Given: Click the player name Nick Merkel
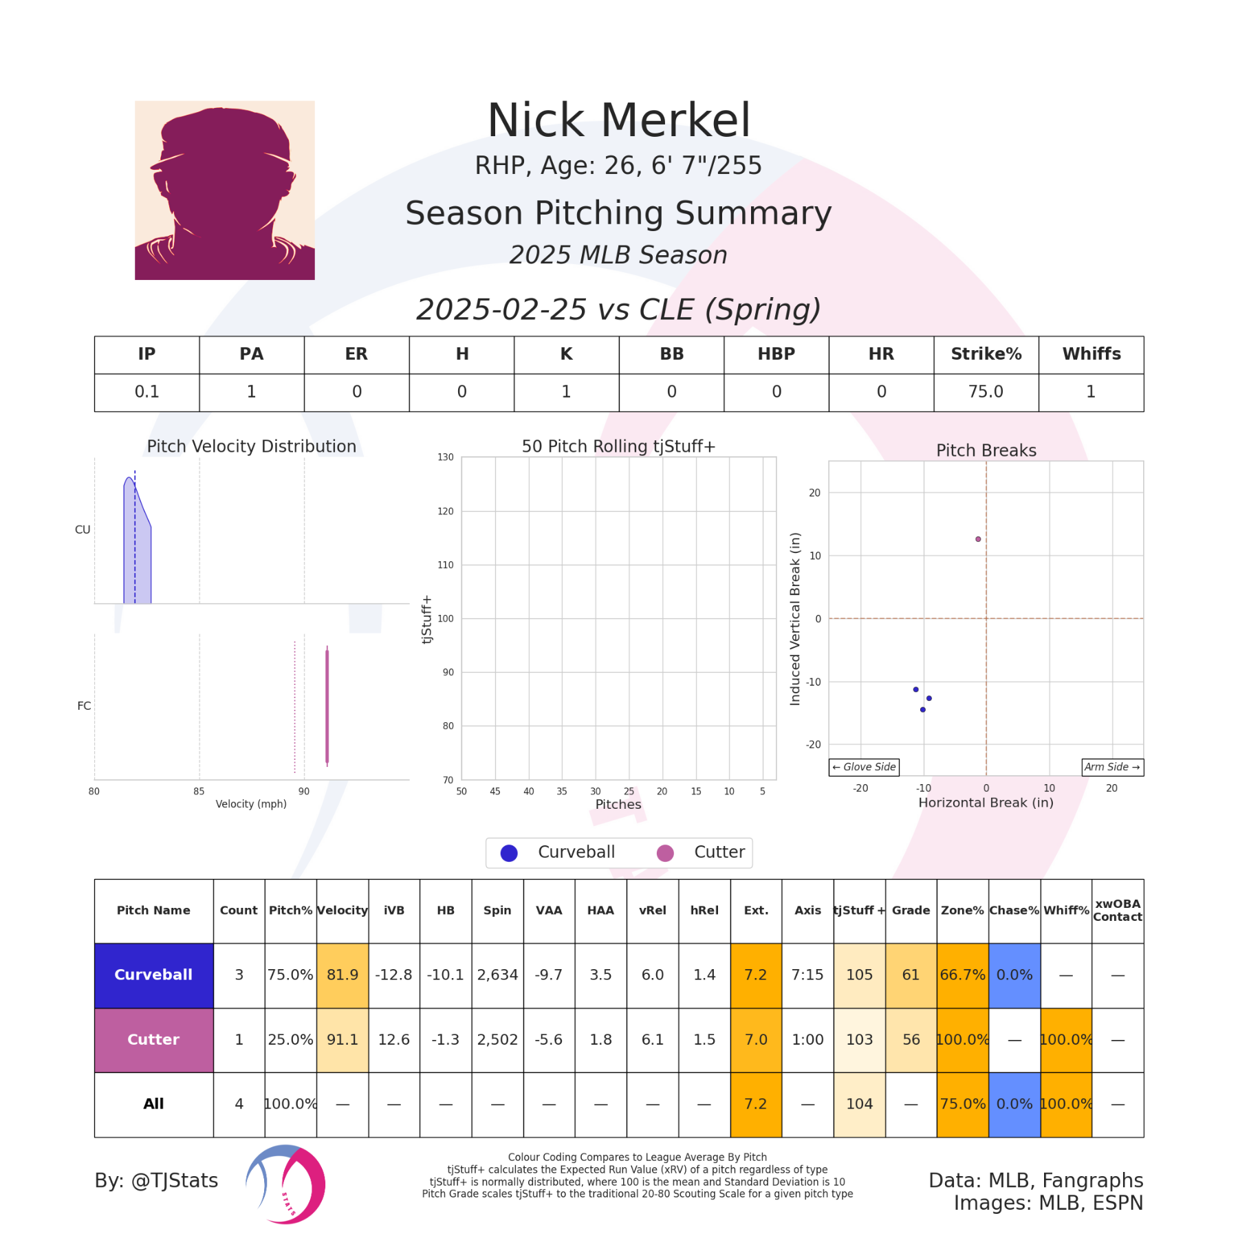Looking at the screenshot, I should coord(618,121).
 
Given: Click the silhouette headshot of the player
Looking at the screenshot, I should coord(224,190).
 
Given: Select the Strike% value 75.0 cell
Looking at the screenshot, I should coord(985,392).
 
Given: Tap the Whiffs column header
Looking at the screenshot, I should coord(1091,354).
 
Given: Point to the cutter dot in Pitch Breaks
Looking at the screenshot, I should coord(978,539).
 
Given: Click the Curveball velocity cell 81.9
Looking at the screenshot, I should coord(343,975).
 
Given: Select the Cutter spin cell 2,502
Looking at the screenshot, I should coord(497,1039).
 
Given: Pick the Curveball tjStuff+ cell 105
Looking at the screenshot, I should coord(859,975).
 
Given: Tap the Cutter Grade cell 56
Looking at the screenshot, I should coord(911,1039).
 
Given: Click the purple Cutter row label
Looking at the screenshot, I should coord(153,1039).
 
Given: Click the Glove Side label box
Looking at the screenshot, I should coord(864,767).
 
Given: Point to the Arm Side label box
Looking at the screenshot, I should coord(1112,767).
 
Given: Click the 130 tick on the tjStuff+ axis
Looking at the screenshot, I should coord(446,457).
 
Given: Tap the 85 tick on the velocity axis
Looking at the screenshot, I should coord(199,792).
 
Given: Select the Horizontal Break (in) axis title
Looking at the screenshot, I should coord(986,803).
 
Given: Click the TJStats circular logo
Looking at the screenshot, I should coord(285,1184).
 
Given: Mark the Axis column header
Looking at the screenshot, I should coord(807,911).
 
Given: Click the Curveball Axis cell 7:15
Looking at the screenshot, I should coord(807,975).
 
